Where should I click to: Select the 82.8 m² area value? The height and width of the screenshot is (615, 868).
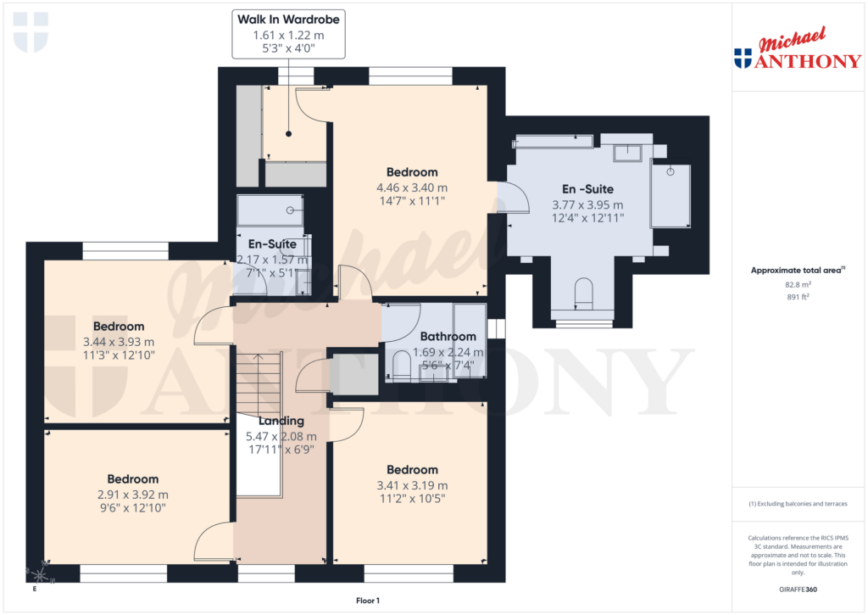point(798,285)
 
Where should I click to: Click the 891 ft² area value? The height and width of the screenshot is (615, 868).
point(798,297)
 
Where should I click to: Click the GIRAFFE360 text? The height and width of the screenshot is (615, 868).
point(798,590)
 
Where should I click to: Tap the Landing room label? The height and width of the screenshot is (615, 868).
point(281,421)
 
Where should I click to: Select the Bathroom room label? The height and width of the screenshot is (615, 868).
point(448,337)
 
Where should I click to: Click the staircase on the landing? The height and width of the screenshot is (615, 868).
point(256,382)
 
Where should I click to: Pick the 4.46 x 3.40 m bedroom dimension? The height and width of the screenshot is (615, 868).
point(412,187)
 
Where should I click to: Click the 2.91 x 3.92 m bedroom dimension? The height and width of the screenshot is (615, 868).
point(132,495)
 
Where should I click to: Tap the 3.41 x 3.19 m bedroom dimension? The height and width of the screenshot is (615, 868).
point(412,485)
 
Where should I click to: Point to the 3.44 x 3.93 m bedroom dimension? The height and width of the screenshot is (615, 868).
point(119,342)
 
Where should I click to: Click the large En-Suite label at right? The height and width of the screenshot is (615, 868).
point(587,189)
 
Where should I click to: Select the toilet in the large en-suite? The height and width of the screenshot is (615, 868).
point(583,294)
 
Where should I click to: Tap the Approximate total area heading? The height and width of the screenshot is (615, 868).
point(797,271)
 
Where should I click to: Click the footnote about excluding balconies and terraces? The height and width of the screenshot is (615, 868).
point(798,504)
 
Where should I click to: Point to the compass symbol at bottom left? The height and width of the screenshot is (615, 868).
point(36,573)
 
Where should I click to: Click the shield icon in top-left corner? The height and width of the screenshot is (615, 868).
point(31,31)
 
